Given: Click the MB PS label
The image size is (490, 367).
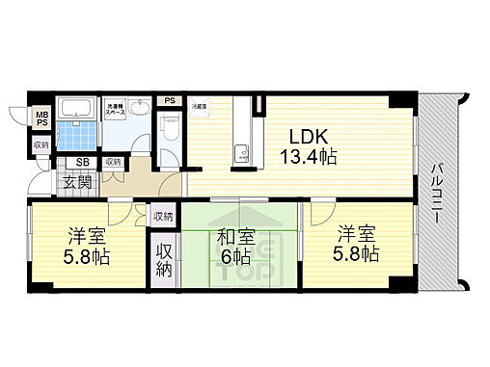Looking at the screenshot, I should (x=41, y=122).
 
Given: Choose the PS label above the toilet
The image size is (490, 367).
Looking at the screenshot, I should (x=169, y=100).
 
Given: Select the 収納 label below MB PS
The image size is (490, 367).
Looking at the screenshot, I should (x=40, y=145).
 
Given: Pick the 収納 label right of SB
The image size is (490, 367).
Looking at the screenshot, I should (x=113, y=162).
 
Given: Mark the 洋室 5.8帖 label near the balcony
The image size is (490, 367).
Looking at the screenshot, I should (x=356, y=245).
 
